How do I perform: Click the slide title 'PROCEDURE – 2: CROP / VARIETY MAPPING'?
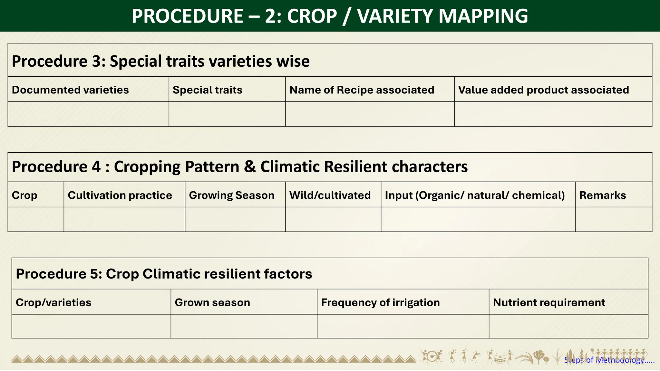click(x=330, y=16)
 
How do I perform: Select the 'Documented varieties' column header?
click(x=70, y=90)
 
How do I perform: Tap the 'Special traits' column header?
click(x=207, y=90)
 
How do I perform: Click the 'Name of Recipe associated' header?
click(x=362, y=90)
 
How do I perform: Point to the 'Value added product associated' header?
click(x=543, y=90)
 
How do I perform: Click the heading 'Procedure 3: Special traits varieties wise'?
click(x=160, y=61)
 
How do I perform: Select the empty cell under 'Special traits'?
click(x=227, y=114)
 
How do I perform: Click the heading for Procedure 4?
click(x=239, y=167)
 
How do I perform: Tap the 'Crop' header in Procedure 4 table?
click(x=24, y=195)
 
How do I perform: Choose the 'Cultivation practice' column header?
click(x=120, y=195)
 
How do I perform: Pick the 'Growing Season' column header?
click(x=231, y=195)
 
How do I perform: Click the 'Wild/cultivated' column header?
click(x=330, y=195)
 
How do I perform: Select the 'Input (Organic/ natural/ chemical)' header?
click(x=475, y=195)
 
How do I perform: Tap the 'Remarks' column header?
click(x=602, y=195)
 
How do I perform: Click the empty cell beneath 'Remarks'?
click(x=613, y=219)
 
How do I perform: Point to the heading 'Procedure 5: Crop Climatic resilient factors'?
click(x=164, y=274)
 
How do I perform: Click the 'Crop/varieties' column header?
click(x=53, y=302)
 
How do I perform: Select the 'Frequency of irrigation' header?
click(x=380, y=302)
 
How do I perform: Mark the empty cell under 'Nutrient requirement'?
click(x=568, y=326)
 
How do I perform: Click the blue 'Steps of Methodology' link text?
click(x=609, y=360)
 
